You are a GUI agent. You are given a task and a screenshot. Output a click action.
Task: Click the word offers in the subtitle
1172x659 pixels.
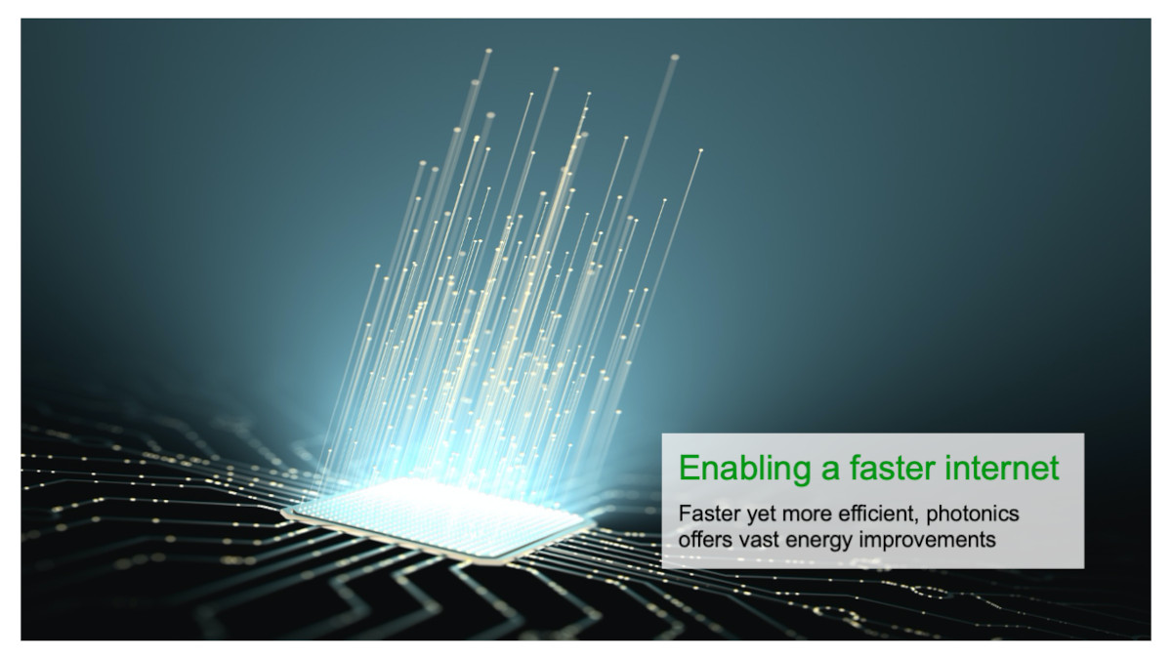pos(703,539)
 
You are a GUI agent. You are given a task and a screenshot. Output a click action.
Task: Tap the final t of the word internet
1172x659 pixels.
pos(1054,469)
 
